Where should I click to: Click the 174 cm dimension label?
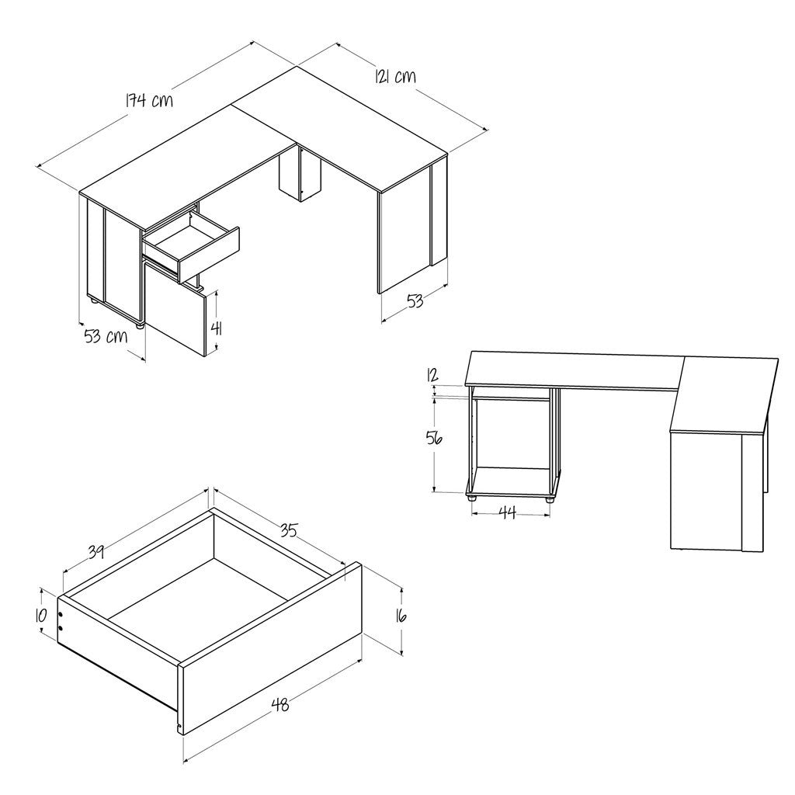coord(149,100)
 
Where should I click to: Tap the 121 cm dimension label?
coord(395,77)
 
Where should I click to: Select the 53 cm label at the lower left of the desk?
coord(106,335)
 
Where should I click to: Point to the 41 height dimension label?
coord(217,328)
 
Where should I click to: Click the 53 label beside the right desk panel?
coord(415,301)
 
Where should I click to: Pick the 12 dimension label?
coord(432,376)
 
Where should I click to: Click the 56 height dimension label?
coord(434,438)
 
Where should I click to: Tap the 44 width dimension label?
coord(508,512)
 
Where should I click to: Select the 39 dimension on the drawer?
coord(97,552)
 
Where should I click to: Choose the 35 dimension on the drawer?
coord(289,530)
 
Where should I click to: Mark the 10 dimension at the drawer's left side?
coord(40,615)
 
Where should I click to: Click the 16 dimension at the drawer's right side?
coord(401,616)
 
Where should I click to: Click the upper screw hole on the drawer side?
coord(61,615)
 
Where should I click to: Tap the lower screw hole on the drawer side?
coord(61,627)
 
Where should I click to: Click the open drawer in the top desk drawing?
coord(191,246)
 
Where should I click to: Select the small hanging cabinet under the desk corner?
coord(300,175)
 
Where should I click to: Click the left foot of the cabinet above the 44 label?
coord(473,498)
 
